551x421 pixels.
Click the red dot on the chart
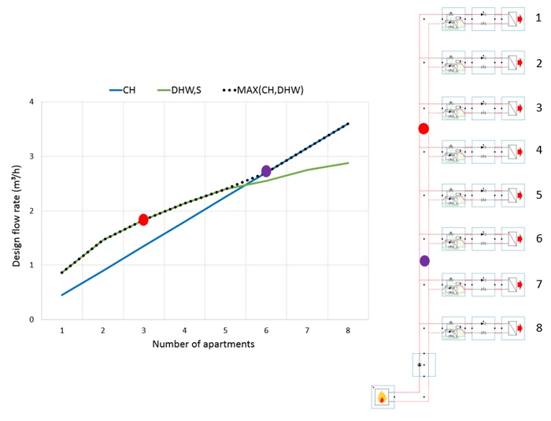[x=143, y=220]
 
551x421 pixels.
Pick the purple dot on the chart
[x=266, y=171]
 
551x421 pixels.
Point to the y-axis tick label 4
[x=31, y=102]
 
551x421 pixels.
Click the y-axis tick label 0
[x=31, y=319]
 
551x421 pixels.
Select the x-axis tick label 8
[x=347, y=330]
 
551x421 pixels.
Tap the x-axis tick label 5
[x=225, y=330]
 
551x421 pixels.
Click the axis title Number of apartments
[x=203, y=344]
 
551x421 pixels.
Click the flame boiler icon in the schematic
[x=383, y=397]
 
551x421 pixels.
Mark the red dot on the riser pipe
[x=423, y=129]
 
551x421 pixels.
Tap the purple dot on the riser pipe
[x=425, y=260]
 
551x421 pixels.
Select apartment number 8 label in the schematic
[x=538, y=326]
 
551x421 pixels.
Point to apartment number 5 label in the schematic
[x=538, y=194]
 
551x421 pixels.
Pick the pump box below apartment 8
[x=423, y=364]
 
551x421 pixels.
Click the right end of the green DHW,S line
[x=347, y=163]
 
